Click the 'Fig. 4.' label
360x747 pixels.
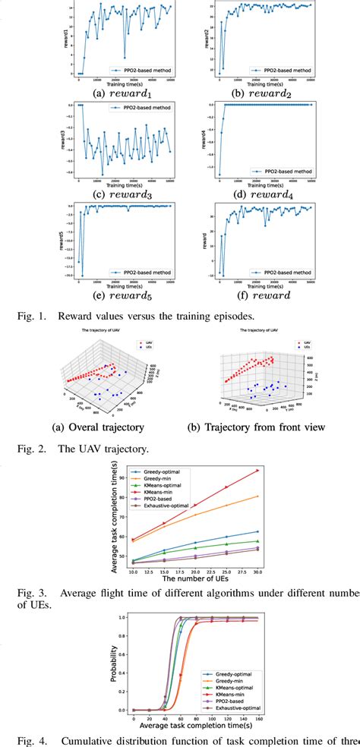coord(27,740)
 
